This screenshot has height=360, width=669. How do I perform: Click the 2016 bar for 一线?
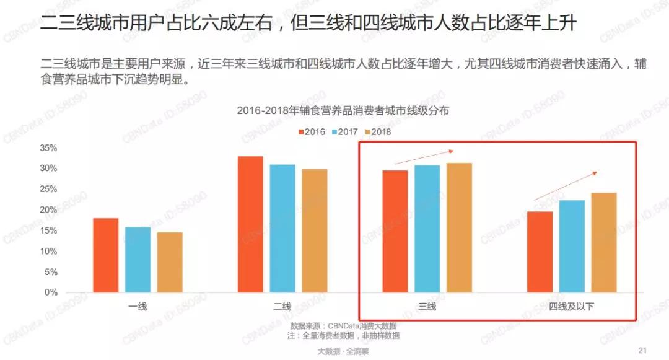pyautogui.click(x=105, y=255)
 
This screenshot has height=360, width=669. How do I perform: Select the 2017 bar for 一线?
pyautogui.click(x=138, y=260)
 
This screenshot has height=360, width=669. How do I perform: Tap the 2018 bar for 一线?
pyautogui.click(x=170, y=262)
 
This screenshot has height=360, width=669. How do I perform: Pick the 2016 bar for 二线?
pyautogui.click(x=250, y=224)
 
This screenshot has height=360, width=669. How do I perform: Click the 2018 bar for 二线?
pyautogui.click(x=315, y=230)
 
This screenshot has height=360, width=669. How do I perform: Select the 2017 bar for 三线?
pyautogui.click(x=427, y=229)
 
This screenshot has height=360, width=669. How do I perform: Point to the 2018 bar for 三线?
pyautogui.click(x=459, y=227)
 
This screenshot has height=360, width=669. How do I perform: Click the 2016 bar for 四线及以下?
pyautogui.click(x=540, y=252)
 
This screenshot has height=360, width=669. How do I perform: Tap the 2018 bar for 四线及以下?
pyautogui.click(x=604, y=242)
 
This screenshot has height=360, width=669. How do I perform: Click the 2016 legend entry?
pyautogui.click(x=310, y=132)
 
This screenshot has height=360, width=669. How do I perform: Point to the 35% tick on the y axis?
pyautogui.click(x=48, y=148)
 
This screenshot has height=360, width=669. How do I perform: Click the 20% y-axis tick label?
pyautogui.click(x=48, y=210)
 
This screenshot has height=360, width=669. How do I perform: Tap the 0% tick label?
pyautogui.click(x=51, y=292)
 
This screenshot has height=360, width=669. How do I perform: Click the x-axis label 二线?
pyautogui.click(x=282, y=306)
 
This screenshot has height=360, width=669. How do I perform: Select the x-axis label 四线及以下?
pyautogui.click(x=572, y=306)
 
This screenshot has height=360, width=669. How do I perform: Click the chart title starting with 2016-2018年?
pyautogui.click(x=343, y=111)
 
